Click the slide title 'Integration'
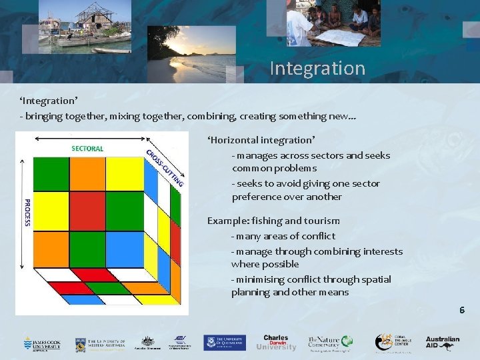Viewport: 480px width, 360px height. (317, 68)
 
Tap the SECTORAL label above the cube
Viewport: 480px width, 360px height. (87, 148)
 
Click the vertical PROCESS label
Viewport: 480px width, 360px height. (27, 212)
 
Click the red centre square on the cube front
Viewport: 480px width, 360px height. (87, 211)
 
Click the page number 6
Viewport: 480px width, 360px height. (461, 310)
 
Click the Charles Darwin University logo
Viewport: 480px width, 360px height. (275, 343)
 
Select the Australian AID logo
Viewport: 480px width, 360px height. (443, 343)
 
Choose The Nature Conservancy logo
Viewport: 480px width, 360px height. (331, 343)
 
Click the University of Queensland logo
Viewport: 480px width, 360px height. (225, 343)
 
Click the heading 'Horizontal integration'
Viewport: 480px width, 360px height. (261, 140)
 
